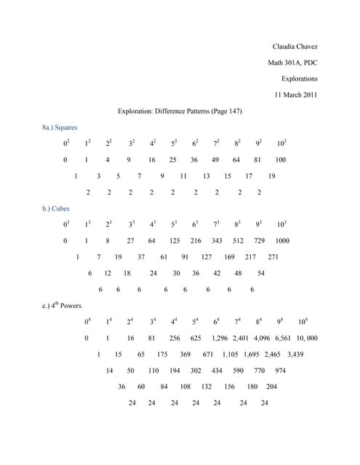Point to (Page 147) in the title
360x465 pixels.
pyautogui.click(x=225, y=111)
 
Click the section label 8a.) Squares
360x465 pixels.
pyautogui.click(x=60, y=127)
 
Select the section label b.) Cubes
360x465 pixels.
pyautogui.click(x=57, y=209)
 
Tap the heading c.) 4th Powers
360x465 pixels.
pyautogui.click(x=63, y=305)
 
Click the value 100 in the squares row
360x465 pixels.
pyautogui.click(x=281, y=160)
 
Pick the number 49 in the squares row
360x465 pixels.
pyautogui.click(x=216, y=160)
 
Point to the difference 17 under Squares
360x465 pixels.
pyautogui.click(x=249, y=176)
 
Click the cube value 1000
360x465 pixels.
pyautogui.click(x=282, y=240)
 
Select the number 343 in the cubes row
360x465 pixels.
pyautogui.click(x=217, y=240)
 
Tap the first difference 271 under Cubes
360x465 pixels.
pyautogui.click(x=273, y=256)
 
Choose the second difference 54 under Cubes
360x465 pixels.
pyautogui.click(x=261, y=273)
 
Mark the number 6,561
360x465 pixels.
pyautogui.click(x=283, y=338)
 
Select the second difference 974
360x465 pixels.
pyautogui.click(x=280, y=371)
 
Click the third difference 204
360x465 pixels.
pyautogui.click(x=271, y=387)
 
